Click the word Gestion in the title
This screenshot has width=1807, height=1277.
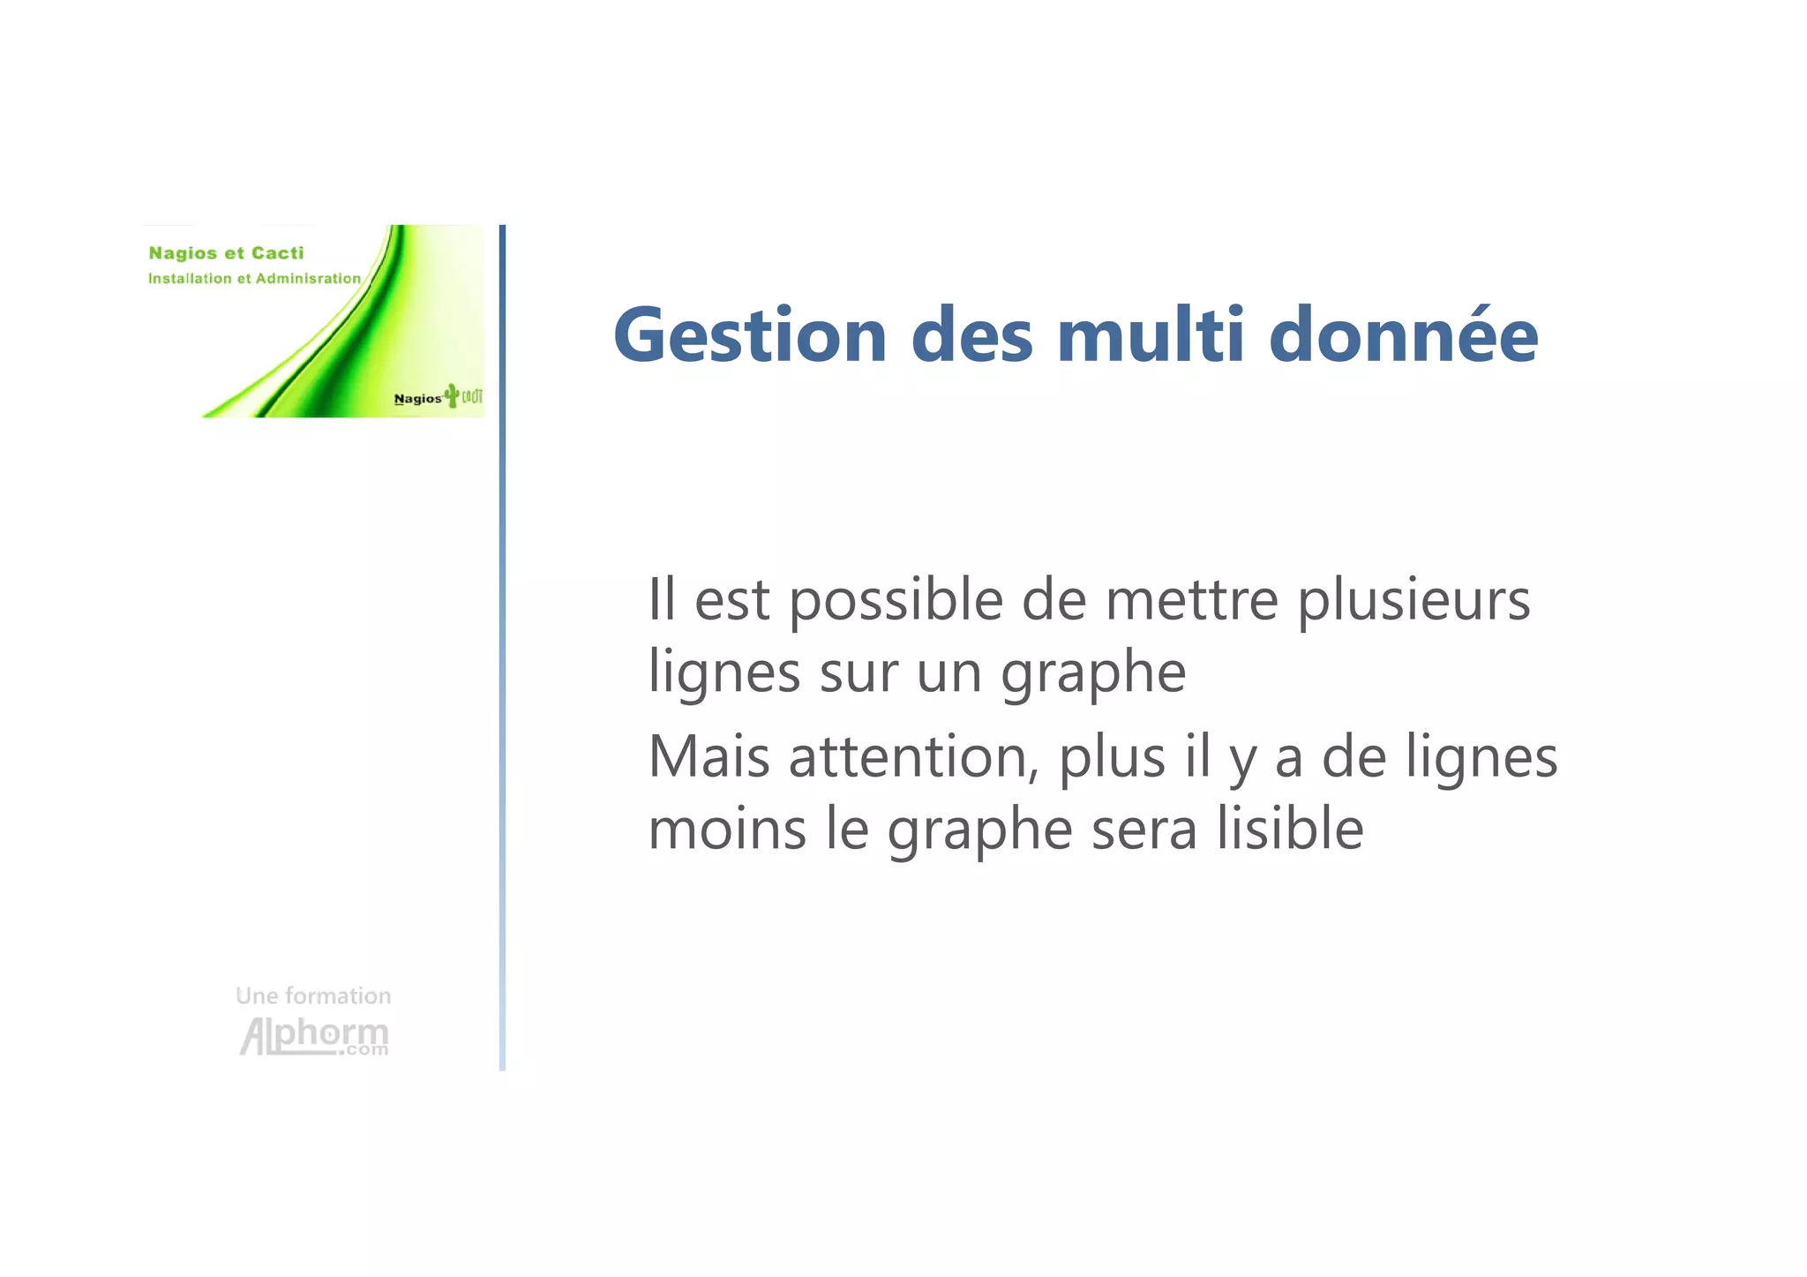(x=750, y=335)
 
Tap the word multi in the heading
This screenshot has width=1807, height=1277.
(x=1151, y=335)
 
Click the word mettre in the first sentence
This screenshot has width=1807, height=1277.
(x=1191, y=600)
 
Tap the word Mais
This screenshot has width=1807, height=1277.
(x=709, y=757)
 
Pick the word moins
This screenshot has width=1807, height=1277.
(x=727, y=830)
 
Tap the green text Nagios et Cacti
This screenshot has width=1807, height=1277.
(x=226, y=253)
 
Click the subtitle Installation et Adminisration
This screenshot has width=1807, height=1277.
(x=254, y=279)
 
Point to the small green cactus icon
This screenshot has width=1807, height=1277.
(x=452, y=395)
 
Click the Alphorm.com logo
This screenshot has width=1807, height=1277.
(x=314, y=1036)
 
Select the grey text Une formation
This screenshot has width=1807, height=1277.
(x=313, y=995)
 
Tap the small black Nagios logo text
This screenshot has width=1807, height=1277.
(x=417, y=399)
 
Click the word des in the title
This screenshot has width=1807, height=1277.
(x=971, y=335)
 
